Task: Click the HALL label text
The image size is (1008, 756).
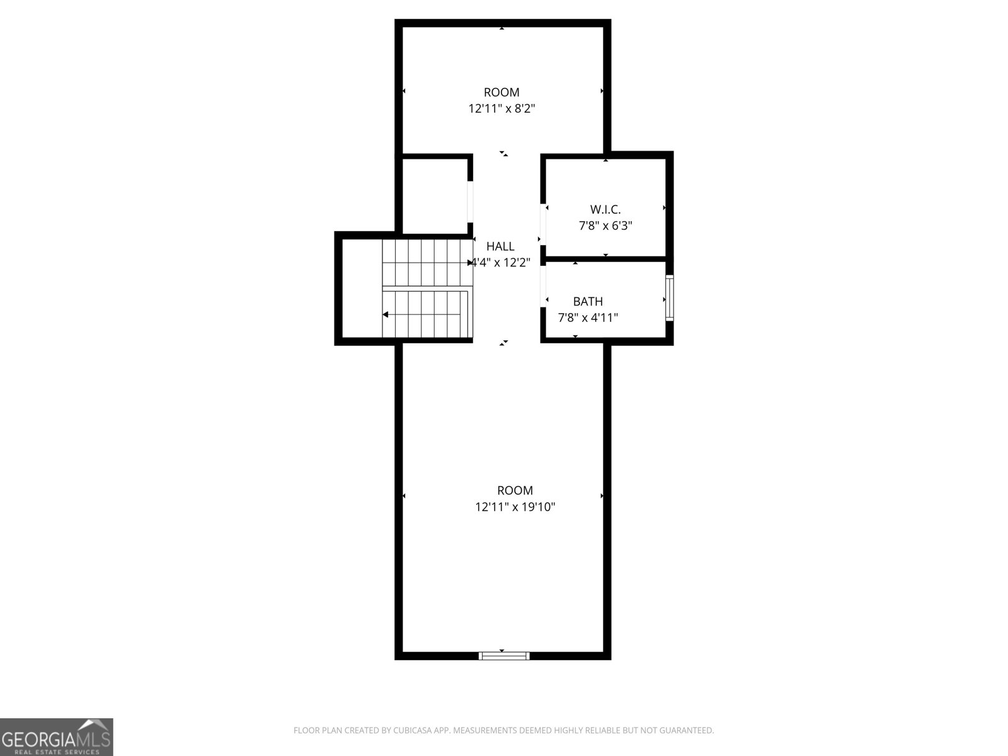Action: click(500, 246)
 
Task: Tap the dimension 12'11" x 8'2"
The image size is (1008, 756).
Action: click(501, 108)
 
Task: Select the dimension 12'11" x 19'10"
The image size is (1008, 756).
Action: click(515, 507)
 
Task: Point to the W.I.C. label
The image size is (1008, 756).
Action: click(605, 209)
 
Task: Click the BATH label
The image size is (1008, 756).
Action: click(588, 302)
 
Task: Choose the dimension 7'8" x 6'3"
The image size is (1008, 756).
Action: click(605, 226)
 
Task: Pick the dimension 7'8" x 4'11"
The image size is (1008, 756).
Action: click(588, 318)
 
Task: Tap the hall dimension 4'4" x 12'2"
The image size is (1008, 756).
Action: click(501, 263)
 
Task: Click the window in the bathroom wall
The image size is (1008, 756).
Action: click(669, 298)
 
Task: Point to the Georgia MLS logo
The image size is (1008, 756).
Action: click(57, 737)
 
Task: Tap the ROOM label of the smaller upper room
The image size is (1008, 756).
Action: click(501, 93)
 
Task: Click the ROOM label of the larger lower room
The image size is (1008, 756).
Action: click(515, 490)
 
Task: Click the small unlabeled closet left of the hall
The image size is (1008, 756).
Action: click(434, 195)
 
